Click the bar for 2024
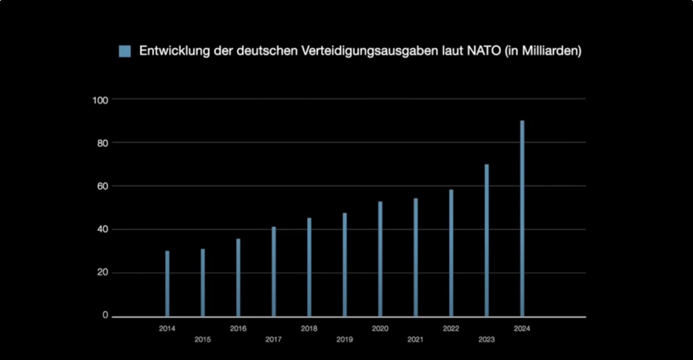point(522,219)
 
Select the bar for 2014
point(167,284)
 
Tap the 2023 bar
point(486,240)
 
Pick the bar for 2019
point(345,265)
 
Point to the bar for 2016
point(238,278)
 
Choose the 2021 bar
point(416,257)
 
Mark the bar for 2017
point(274,272)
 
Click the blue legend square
point(125,51)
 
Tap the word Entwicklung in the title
point(173,51)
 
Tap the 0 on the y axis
point(105,315)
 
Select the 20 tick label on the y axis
point(102,273)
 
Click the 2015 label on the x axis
point(203,339)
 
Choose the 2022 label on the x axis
point(451,328)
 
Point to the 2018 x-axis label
point(309,328)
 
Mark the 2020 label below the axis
point(380,328)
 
